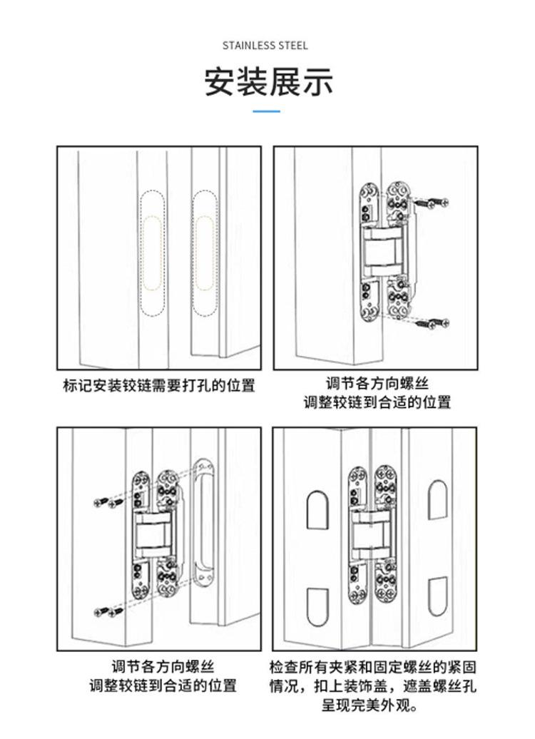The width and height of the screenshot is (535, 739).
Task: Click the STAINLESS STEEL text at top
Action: pos(265,46)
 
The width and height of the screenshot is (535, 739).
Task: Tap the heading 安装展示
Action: pos(268,82)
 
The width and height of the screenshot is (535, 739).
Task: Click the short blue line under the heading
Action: pos(267,111)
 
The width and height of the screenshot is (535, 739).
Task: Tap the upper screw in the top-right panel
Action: pos(432,204)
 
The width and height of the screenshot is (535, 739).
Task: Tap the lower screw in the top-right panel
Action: pos(432,323)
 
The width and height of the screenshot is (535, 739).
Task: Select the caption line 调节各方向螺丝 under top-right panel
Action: pos(377,384)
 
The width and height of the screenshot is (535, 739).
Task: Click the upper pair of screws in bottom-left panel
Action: pos(109,503)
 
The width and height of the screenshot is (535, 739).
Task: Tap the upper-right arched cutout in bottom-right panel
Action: pos(437,499)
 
